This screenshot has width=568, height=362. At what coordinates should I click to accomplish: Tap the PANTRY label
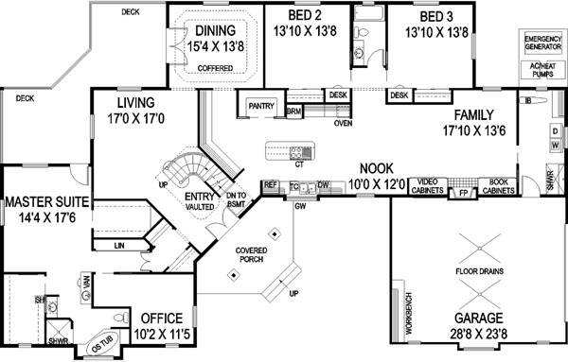click(260, 107)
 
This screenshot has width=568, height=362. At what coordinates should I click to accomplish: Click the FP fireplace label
click(463, 189)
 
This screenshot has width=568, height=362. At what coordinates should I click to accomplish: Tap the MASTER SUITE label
click(45, 201)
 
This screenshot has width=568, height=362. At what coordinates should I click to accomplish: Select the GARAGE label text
click(477, 319)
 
